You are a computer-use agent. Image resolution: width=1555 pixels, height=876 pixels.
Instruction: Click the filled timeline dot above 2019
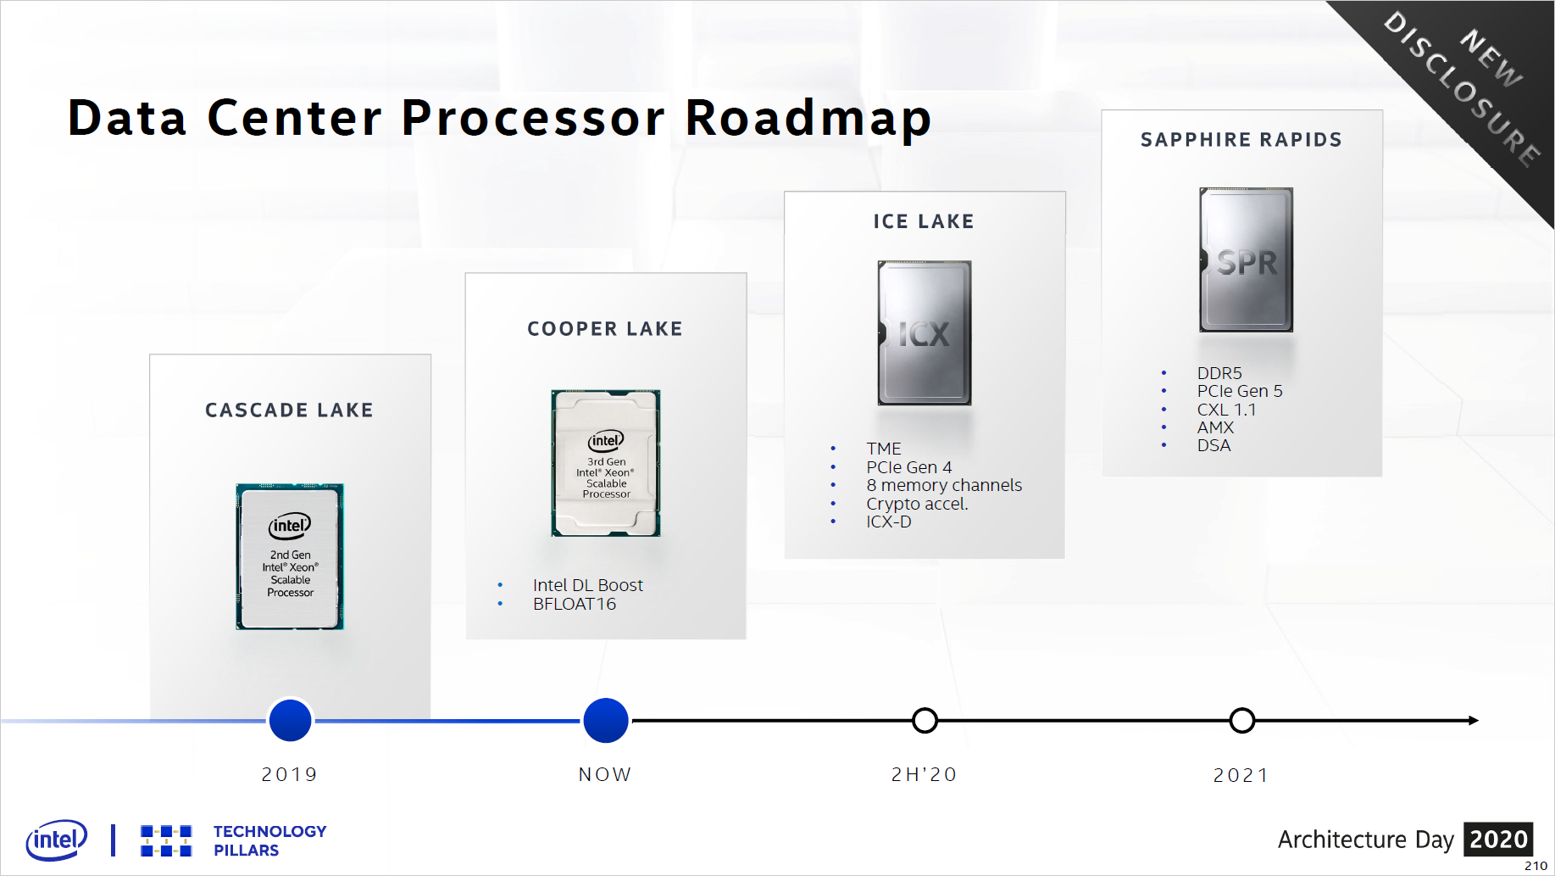[x=290, y=720]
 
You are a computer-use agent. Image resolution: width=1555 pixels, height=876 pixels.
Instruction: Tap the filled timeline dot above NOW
[x=606, y=720]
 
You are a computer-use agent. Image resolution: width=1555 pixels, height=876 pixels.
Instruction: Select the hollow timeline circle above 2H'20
[x=925, y=720]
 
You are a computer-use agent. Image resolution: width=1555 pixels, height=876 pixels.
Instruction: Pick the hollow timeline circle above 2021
[x=1241, y=720]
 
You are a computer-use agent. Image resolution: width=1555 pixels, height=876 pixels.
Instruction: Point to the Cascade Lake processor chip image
[x=290, y=556]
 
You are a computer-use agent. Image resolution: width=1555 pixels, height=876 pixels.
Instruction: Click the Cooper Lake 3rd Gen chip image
[x=606, y=463]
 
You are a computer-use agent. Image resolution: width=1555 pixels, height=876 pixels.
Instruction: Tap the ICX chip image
[x=925, y=332]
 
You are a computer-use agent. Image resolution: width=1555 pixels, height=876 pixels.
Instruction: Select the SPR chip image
[x=1246, y=259]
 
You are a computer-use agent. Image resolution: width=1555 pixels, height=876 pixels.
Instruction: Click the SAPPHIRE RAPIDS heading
[x=1241, y=140]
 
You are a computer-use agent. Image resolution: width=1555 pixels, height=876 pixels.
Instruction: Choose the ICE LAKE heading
[x=924, y=221]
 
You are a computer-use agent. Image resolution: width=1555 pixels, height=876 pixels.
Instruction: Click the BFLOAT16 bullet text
[x=575, y=604]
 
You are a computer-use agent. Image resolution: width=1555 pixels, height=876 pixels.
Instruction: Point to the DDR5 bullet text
[x=1219, y=373]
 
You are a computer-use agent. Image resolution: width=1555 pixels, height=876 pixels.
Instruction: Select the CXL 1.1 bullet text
[x=1226, y=410]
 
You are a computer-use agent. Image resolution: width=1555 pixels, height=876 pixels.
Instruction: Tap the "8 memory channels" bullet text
[x=944, y=485]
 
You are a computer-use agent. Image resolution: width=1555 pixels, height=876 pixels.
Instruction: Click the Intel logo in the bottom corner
[x=57, y=840]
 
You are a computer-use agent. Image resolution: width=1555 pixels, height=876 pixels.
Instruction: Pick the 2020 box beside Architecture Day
[x=1498, y=840]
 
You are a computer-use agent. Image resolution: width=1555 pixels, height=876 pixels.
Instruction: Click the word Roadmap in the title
[x=808, y=118]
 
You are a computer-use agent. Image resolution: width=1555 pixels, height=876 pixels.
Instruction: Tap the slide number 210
[x=1536, y=866]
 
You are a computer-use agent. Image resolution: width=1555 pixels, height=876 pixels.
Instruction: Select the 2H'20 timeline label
[x=924, y=774]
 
